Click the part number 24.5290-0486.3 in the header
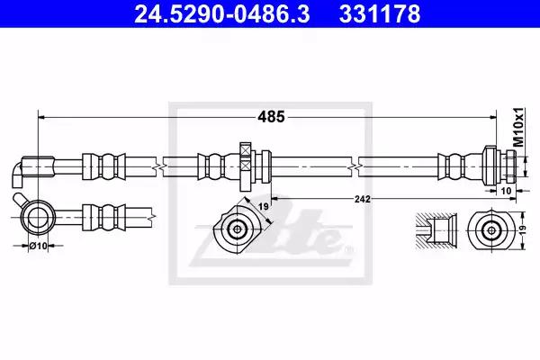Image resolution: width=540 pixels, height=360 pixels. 222,14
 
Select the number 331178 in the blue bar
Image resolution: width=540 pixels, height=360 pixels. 380,14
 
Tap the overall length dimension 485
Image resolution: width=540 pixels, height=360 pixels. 272,117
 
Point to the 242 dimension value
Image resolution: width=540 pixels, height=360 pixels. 363,199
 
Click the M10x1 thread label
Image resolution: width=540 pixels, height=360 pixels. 518,127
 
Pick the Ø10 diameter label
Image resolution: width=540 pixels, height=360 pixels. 38,246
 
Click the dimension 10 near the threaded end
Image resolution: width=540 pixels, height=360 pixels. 506,191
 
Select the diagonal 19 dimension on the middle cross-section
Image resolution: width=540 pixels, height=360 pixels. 264,207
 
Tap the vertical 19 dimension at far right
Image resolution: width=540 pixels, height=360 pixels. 523,230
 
